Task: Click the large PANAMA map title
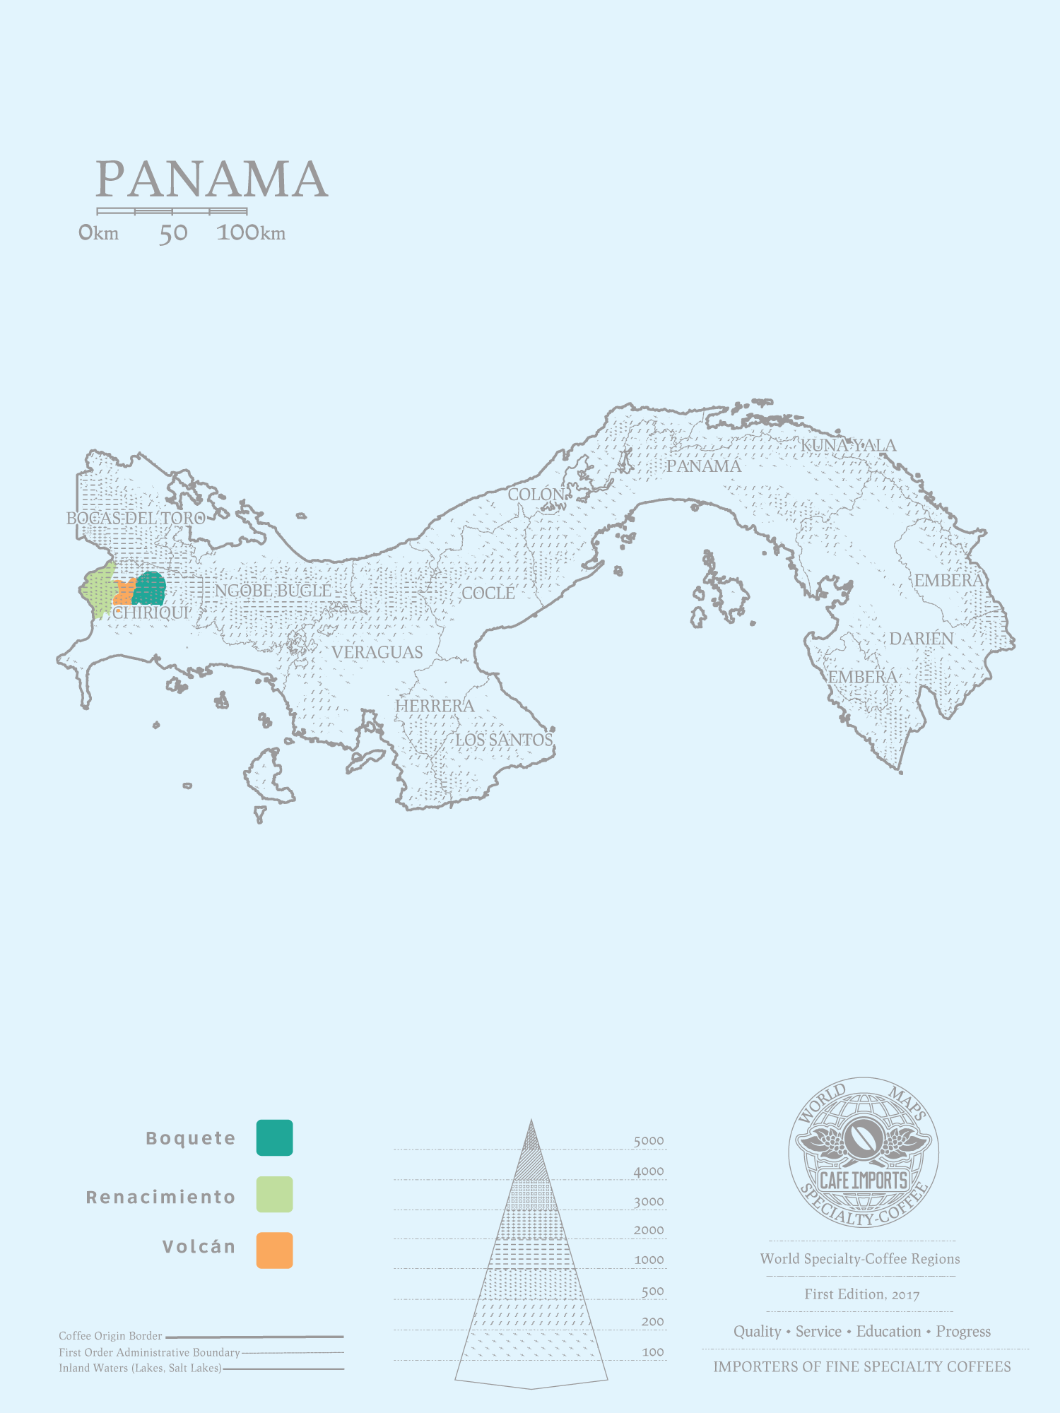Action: pos(212,179)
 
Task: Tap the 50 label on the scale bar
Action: pos(173,233)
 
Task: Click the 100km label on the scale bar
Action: pos(251,233)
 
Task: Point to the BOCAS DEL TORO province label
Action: pos(136,518)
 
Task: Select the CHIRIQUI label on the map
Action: pos(151,613)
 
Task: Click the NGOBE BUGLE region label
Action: pos(273,591)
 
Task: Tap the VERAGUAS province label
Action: pos(377,652)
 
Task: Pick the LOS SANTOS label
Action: pos(504,740)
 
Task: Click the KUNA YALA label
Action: pos(848,445)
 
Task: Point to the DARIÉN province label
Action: pos(921,639)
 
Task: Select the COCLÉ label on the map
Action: pos(488,593)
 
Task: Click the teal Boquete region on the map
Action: pos(150,589)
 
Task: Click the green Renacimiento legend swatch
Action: pos(274,1195)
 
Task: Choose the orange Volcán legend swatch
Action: pos(274,1251)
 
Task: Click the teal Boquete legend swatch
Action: pos(274,1137)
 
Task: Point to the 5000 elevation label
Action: pos(649,1141)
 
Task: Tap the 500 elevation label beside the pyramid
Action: pos(653,1291)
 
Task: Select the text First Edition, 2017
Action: pos(861,1294)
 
